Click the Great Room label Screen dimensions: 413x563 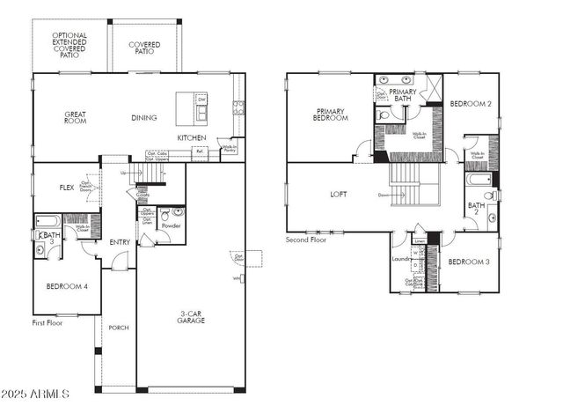tap(74, 117)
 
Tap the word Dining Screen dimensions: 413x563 tap(143, 117)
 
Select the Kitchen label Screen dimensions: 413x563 tap(192, 138)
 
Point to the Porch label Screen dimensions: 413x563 tap(118, 328)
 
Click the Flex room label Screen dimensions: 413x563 tap(66, 187)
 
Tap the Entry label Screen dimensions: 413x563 tap(120, 242)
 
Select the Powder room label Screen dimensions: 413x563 tap(171, 226)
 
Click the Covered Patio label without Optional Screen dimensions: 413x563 tap(144, 48)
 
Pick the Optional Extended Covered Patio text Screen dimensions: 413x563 tap(69, 45)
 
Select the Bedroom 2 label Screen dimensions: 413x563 tap(470, 104)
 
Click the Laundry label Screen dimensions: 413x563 tap(401, 259)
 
